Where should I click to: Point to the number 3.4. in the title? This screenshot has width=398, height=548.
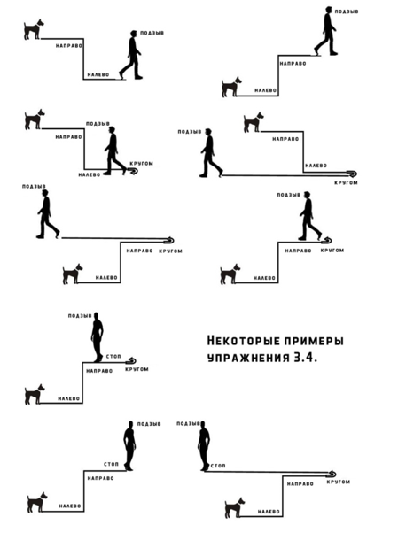(306, 359)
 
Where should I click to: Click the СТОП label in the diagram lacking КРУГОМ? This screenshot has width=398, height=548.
(112, 464)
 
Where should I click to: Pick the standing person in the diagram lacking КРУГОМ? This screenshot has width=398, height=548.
(129, 445)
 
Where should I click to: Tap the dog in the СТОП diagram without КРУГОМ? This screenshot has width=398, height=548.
(37, 502)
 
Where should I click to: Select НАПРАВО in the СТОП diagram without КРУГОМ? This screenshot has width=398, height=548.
(101, 478)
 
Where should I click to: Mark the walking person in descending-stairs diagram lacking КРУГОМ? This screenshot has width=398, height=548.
(130, 55)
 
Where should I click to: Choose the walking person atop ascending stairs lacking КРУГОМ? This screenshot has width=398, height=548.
(326, 31)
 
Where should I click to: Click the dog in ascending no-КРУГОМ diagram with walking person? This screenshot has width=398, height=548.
(231, 87)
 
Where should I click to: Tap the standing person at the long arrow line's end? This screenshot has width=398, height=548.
(204, 446)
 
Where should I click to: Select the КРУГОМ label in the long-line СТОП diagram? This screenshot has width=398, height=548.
(338, 482)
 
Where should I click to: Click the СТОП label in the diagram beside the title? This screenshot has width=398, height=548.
(113, 356)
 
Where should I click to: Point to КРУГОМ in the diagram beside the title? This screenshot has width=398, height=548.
(137, 369)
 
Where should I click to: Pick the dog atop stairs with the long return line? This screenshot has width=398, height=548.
(254, 122)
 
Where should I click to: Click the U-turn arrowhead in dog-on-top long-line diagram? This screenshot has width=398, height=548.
(352, 174)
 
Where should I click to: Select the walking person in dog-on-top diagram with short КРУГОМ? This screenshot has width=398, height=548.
(115, 151)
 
